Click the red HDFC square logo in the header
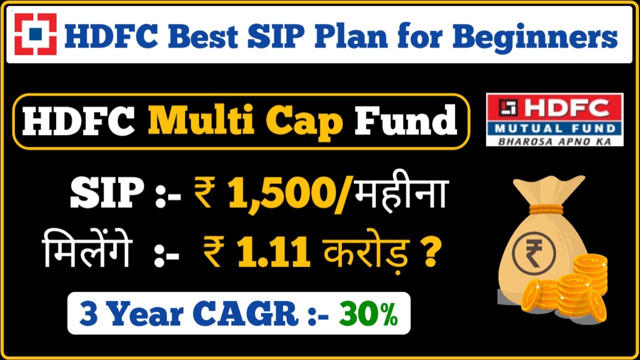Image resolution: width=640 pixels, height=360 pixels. coord(35,34)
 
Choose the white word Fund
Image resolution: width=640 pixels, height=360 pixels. coord(405,121)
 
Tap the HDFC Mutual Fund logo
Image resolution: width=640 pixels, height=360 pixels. coord(554,119)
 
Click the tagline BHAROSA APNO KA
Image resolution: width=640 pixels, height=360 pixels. coord(554,141)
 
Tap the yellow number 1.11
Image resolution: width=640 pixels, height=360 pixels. coord(272,253)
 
